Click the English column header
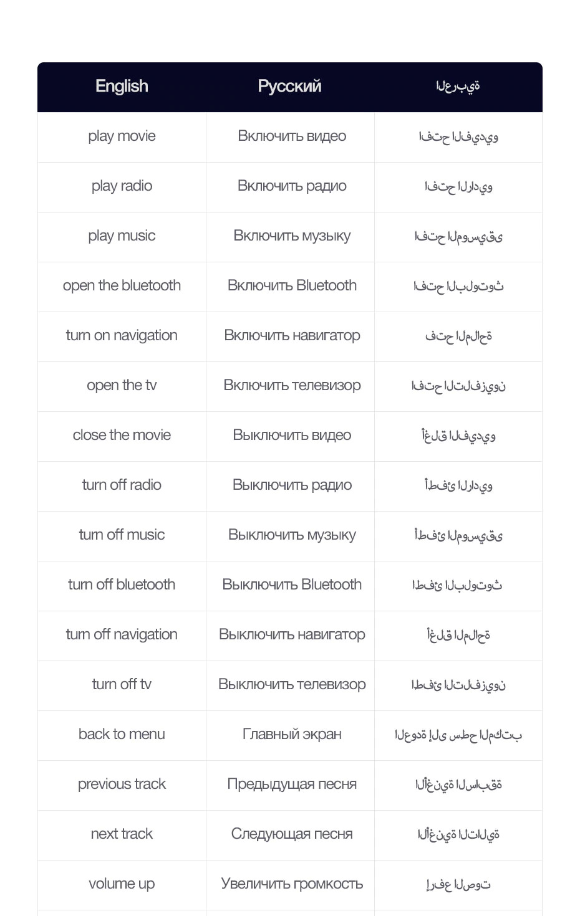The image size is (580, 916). tap(122, 87)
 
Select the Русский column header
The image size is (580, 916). tap(290, 87)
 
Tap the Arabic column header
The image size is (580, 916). tap(458, 87)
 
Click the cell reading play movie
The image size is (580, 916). tap(122, 136)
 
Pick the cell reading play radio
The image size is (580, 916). tap(122, 186)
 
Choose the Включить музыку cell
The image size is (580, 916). tap(292, 236)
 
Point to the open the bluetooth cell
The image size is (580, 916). tap(122, 286)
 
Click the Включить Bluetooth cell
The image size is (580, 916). tap(292, 286)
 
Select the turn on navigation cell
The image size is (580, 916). tap(122, 336)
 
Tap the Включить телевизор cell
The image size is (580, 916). tap(292, 386)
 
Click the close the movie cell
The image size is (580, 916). tap(122, 436)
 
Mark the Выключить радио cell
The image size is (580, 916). tap(292, 485)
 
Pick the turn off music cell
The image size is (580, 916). tap(122, 535)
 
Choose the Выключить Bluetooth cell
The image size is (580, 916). tap(292, 585)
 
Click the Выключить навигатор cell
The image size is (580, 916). tap(292, 635)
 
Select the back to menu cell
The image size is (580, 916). tap(122, 735)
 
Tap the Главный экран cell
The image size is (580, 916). tap(292, 735)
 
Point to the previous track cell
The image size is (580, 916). tap(122, 785)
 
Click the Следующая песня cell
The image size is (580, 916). tap(292, 834)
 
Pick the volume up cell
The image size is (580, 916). tap(122, 884)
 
